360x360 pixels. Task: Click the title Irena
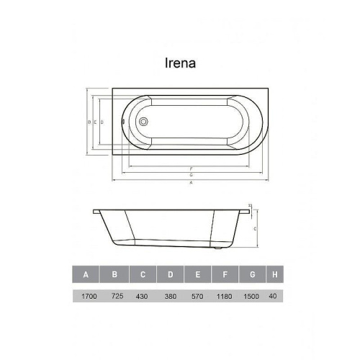pos(181,63)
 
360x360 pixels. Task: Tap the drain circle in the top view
pos(143,122)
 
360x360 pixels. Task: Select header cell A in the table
pos(86,274)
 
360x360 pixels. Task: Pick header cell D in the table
pos(171,274)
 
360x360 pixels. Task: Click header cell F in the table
pos(226,274)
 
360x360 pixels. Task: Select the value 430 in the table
pos(143,295)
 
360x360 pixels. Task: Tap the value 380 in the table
pos(171,295)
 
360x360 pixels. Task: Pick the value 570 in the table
pos(198,295)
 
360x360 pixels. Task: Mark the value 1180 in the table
pos(226,295)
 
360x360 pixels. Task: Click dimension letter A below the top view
pos(191,182)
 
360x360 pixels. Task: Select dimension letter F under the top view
pos(191,168)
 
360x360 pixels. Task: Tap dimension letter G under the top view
pos(191,175)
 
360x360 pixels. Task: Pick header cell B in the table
pos(114,274)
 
